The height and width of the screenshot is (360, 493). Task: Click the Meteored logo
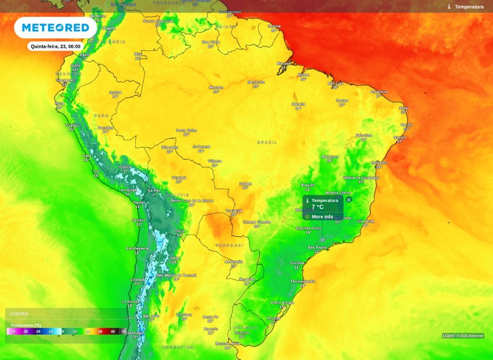[x=55, y=28]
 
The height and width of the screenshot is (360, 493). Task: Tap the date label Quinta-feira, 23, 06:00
[x=56, y=47]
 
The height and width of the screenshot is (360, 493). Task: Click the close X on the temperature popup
[x=349, y=199]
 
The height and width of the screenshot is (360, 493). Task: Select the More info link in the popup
[x=322, y=217]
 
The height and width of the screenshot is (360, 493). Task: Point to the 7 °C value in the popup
[x=318, y=207]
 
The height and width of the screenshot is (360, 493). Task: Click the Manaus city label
[x=216, y=87]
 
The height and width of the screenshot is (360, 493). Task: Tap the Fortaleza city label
[x=379, y=91]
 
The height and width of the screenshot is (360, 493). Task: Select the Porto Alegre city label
[x=282, y=302]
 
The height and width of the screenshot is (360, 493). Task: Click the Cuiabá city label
[x=246, y=183]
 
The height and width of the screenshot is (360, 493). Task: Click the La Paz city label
[x=154, y=191]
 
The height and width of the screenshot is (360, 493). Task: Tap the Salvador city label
[x=379, y=163]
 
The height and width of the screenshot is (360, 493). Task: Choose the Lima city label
[x=87, y=155]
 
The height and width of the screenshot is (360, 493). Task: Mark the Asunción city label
[x=234, y=261]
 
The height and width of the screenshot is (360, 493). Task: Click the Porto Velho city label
[x=186, y=130]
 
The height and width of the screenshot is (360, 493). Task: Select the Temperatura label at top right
[x=469, y=7]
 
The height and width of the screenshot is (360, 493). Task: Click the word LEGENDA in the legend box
[x=19, y=314]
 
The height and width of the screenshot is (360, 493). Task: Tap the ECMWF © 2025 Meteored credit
[x=463, y=336]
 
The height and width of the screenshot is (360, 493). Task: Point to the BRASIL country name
[x=267, y=142]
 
